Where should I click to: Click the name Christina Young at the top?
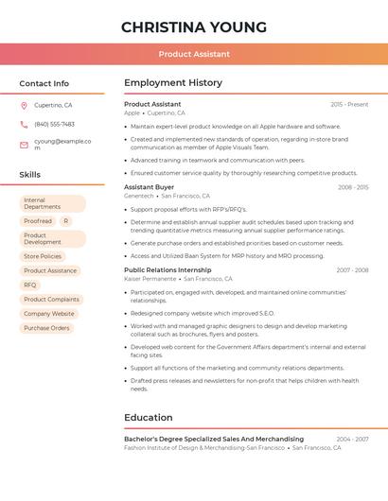193,26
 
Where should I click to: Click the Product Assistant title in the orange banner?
193,54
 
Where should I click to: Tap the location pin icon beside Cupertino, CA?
24,105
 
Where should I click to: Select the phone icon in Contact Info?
24,124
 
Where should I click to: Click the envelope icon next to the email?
24,145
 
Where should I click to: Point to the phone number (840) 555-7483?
54,124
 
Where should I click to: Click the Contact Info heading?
44,83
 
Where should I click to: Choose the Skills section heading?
29,175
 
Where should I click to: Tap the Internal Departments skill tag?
52,203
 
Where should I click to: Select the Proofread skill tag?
38,221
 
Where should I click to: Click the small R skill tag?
65,221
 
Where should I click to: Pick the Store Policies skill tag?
43,256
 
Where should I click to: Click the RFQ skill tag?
30,285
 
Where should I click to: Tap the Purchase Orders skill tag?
46,328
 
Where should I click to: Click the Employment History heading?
172,83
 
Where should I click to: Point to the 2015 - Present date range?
349,104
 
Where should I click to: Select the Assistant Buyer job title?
149,187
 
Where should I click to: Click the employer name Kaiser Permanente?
150,279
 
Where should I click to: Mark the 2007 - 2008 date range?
352,270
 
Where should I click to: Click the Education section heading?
148,417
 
